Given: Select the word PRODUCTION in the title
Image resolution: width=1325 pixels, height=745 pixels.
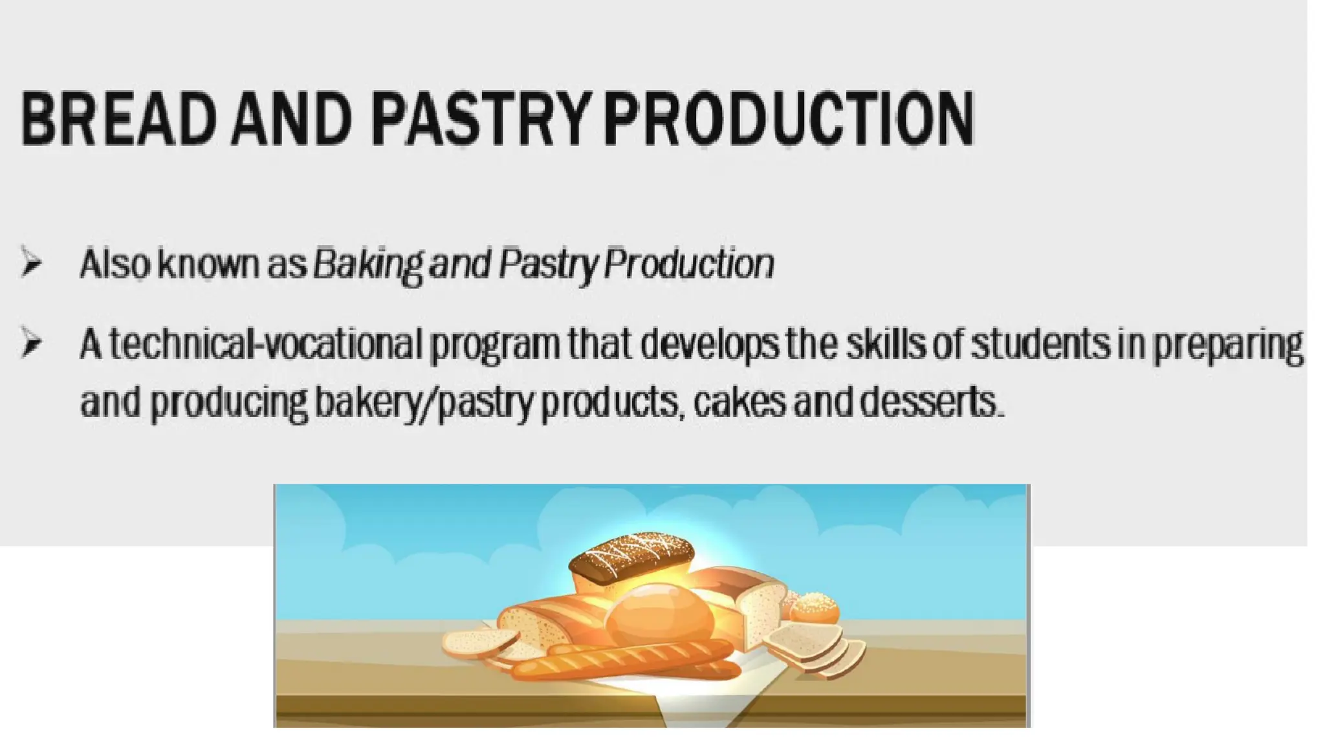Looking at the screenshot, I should [x=789, y=119].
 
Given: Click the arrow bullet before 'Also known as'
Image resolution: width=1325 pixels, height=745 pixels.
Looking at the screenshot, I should [x=30, y=262].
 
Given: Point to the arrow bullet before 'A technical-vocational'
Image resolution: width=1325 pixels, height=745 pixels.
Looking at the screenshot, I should [x=30, y=343].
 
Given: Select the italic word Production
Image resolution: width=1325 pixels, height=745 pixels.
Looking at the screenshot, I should [x=689, y=265].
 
